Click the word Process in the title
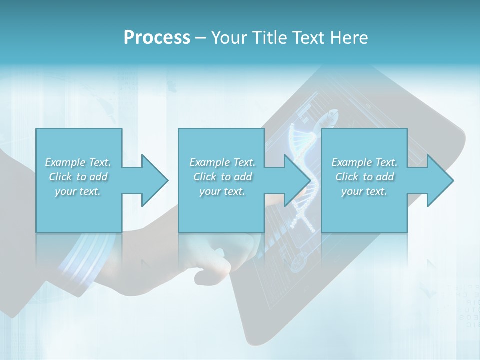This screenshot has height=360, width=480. (x=157, y=38)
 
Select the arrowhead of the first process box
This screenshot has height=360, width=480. (x=154, y=180)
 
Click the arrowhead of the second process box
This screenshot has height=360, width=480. (x=297, y=180)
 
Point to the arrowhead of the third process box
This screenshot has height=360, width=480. (x=440, y=180)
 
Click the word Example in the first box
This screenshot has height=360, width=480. (x=65, y=162)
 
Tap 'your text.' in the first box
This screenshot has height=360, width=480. (x=78, y=191)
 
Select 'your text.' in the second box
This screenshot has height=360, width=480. (x=222, y=191)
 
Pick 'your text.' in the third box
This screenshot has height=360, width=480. (x=364, y=191)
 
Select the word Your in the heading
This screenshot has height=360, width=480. (x=227, y=38)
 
